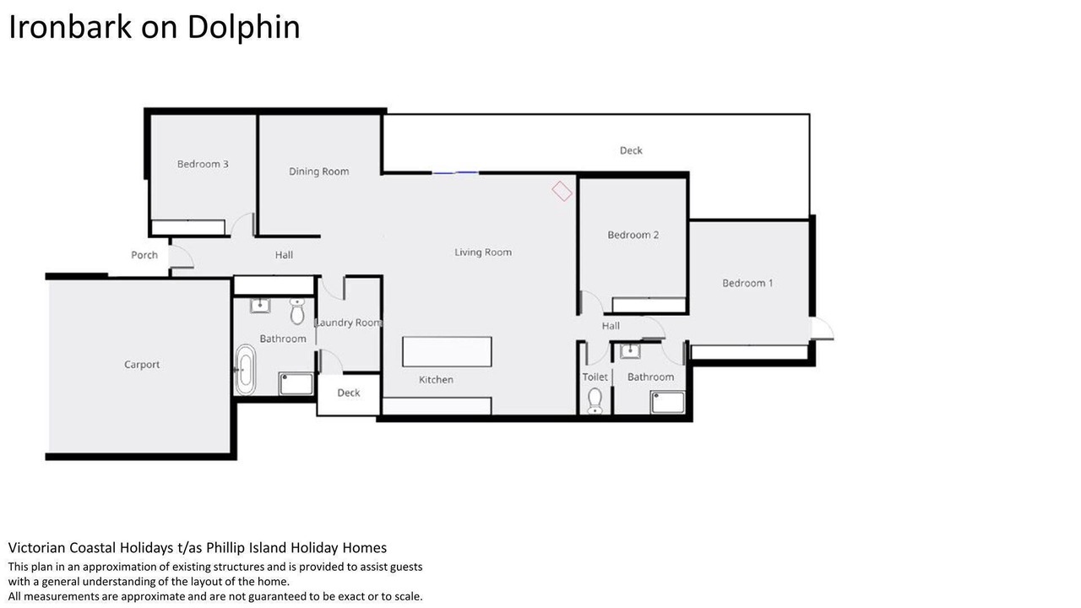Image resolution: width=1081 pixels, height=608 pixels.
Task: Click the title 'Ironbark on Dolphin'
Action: coord(155,27)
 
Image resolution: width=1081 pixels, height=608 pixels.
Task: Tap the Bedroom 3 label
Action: coord(203,164)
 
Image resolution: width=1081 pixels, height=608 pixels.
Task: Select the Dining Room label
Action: coord(318,171)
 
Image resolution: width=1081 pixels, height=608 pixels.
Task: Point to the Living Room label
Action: coord(483,252)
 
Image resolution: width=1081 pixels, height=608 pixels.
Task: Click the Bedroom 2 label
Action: coord(633,235)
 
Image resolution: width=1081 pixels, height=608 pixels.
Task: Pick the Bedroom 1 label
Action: coord(747,283)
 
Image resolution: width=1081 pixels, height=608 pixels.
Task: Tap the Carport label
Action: coord(142,365)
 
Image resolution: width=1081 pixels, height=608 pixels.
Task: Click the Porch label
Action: coord(144,255)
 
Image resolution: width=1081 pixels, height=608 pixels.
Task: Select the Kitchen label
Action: coord(436,380)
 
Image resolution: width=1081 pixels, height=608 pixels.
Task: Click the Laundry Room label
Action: coord(349,323)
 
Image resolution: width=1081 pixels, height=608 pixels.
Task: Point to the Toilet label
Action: coord(595,377)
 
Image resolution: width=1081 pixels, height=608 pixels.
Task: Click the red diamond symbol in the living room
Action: coord(562,191)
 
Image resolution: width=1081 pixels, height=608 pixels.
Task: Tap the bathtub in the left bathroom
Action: coord(246,370)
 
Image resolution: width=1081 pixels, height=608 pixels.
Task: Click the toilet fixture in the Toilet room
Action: coord(595,401)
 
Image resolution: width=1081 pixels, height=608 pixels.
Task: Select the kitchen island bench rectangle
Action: coord(447,352)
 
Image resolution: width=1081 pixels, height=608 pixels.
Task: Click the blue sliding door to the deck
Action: coord(455,173)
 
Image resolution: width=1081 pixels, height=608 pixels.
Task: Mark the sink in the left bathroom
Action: coord(260,306)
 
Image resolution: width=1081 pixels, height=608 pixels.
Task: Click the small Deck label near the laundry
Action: coord(349,393)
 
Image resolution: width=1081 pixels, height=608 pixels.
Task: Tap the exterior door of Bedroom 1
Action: coord(822,329)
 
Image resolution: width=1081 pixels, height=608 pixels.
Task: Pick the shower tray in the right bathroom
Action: coord(667,403)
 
